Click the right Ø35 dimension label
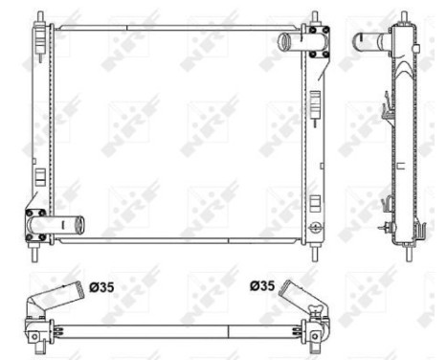(x=260, y=286)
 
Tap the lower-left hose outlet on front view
(x=69, y=225)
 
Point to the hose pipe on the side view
(x=369, y=41)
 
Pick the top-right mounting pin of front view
(x=315, y=18)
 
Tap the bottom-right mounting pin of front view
(x=315, y=254)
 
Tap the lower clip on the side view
(x=385, y=204)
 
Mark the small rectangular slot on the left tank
(x=39, y=176)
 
